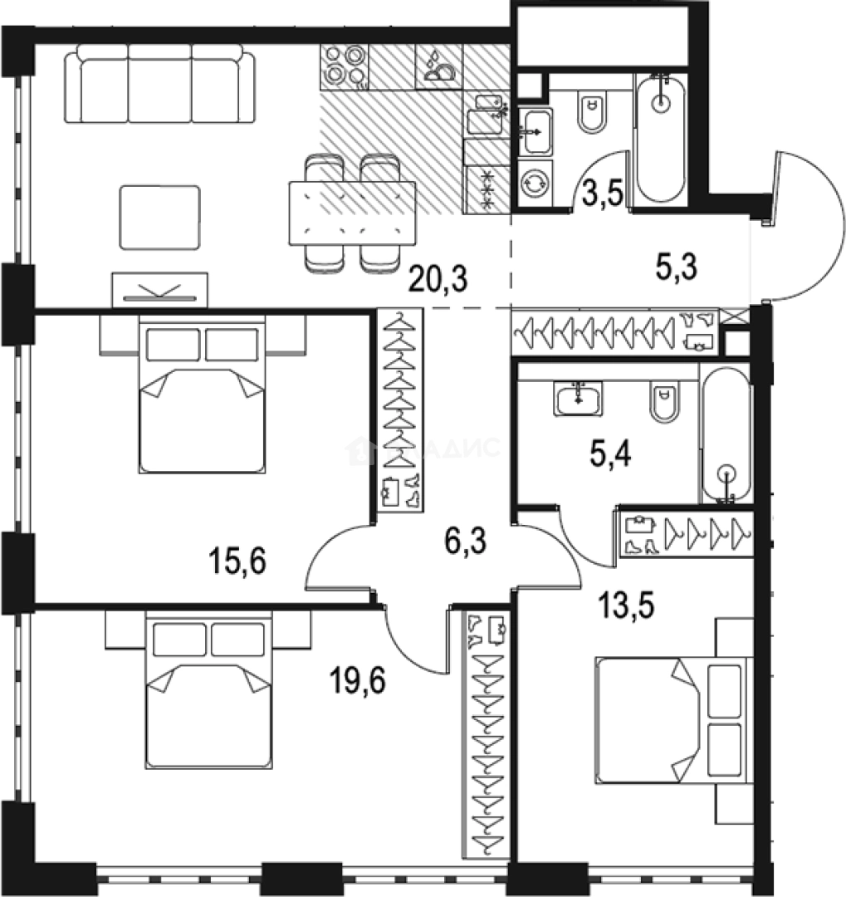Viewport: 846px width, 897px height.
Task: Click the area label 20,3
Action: pos(438,278)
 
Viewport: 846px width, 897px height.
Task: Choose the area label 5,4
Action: pos(613,453)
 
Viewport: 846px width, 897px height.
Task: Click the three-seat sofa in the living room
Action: pos(162,83)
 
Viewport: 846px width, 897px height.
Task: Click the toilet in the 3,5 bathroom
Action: pos(593,115)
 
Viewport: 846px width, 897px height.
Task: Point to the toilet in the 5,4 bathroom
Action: pos(663,400)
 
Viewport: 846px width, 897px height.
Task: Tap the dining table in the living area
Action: pos(352,213)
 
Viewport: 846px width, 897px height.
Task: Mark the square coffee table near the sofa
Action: pos(160,218)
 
